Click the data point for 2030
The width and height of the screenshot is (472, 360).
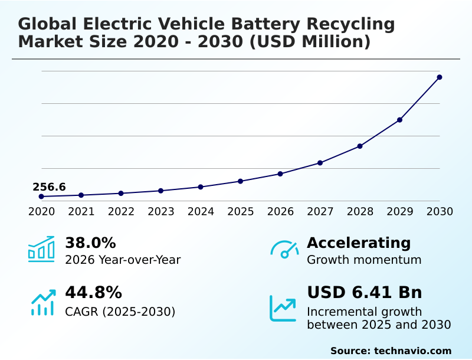[440, 77]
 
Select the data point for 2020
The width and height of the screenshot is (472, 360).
[41, 197]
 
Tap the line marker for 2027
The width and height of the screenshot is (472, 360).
[320, 163]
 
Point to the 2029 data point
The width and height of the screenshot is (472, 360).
[400, 120]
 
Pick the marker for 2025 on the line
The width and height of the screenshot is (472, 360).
[241, 181]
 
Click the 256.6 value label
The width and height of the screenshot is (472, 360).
[49, 187]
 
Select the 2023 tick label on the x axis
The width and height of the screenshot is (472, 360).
[161, 211]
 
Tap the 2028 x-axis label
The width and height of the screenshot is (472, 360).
[360, 211]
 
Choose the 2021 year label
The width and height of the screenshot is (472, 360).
[81, 211]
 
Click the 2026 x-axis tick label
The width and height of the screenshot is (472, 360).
[280, 211]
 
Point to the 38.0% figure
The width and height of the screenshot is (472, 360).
[90, 243]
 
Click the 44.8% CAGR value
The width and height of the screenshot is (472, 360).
[93, 293]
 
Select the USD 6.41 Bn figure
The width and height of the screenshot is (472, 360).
[365, 293]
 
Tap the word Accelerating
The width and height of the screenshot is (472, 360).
[359, 243]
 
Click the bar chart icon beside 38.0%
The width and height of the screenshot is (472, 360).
[41, 250]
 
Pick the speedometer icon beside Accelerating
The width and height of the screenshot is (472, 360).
[284, 250]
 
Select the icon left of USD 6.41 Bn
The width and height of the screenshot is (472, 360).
[283, 308]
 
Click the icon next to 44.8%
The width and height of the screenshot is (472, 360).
[42, 302]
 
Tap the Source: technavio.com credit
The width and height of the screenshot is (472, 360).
[391, 351]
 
